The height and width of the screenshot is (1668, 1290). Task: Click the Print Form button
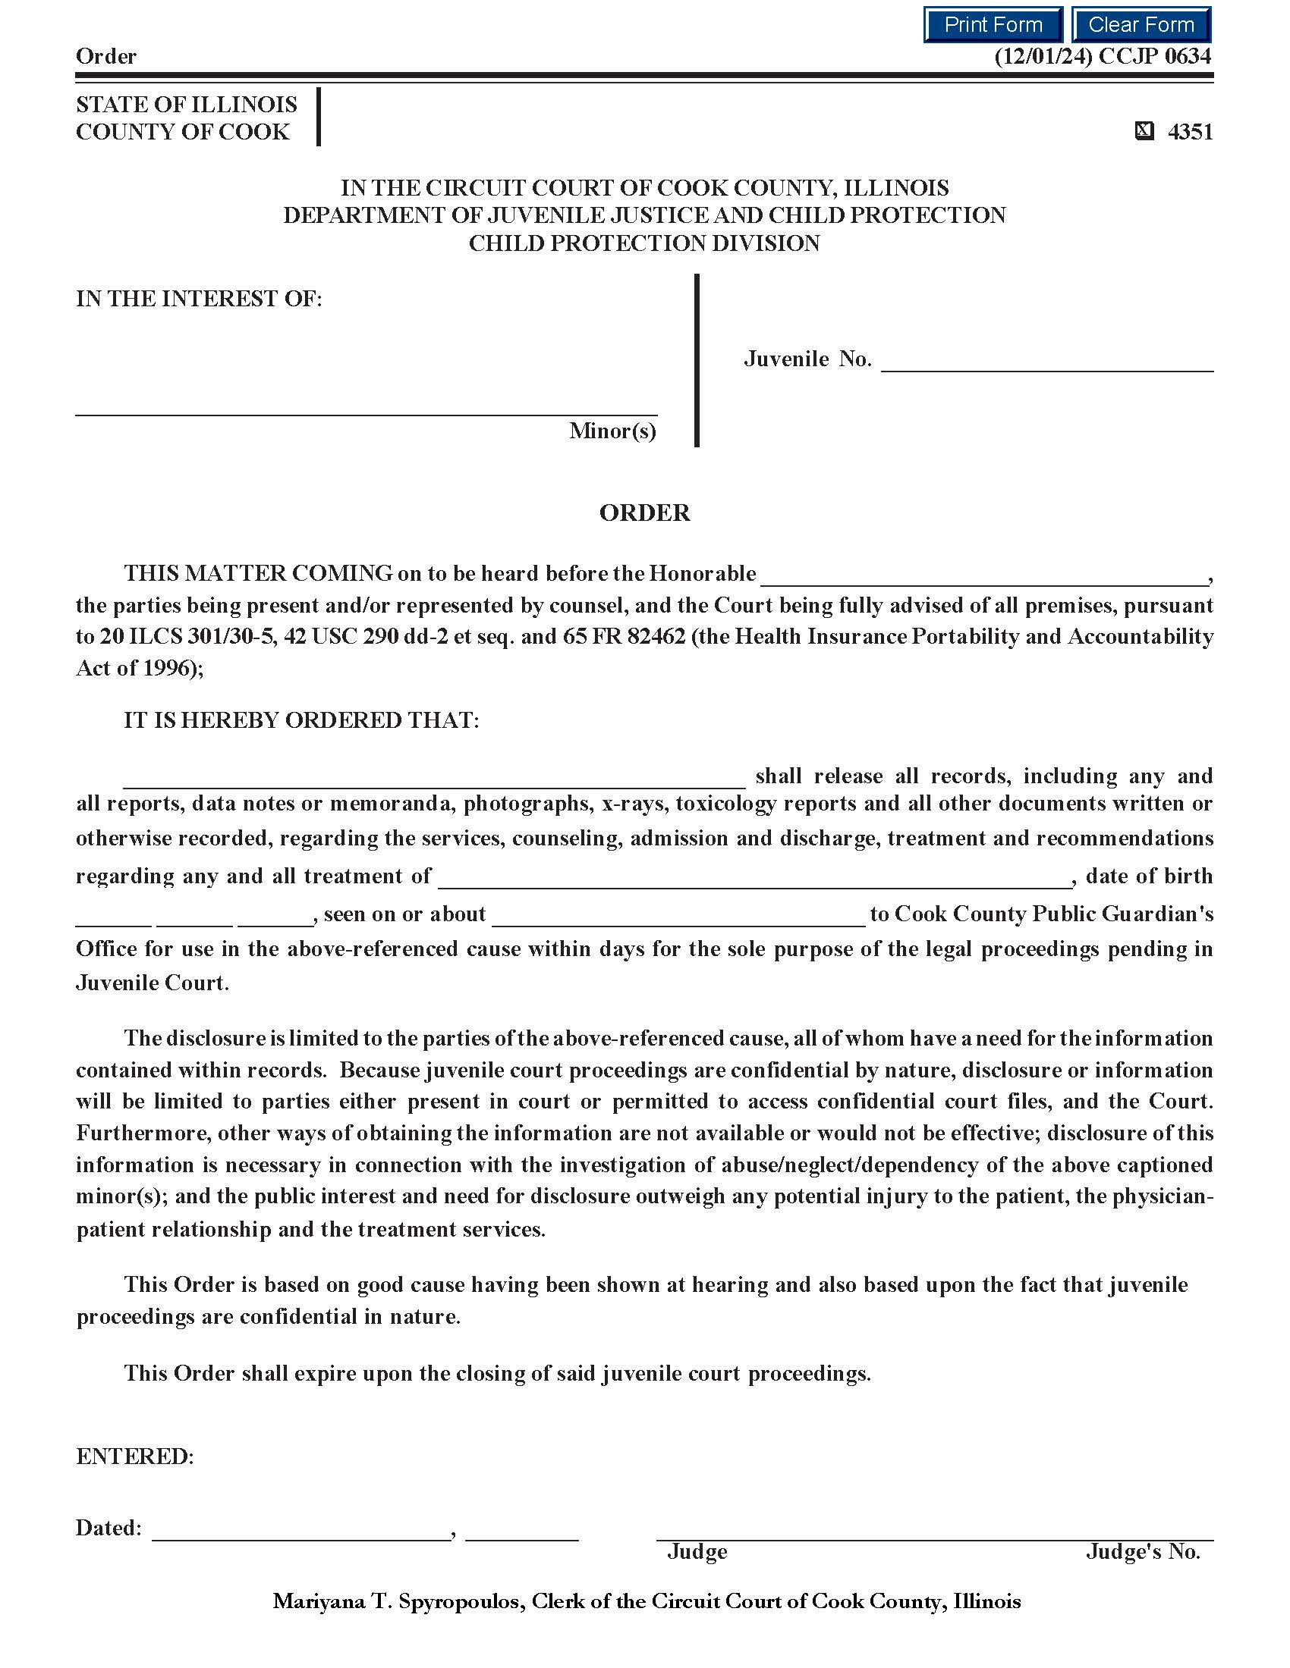pyautogui.click(x=992, y=24)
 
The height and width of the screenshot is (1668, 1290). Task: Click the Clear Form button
pyautogui.click(x=1141, y=24)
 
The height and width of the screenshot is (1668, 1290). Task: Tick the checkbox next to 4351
pyautogui.click(x=1144, y=132)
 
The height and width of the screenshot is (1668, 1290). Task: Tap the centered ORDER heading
pyautogui.click(x=644, y=513)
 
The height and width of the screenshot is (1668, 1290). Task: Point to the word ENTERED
pyautogui.click(x=134, y=1456)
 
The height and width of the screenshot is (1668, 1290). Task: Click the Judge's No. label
pyautogui.click(x=1143, y=1551)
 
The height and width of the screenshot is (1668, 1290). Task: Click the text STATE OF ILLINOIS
pyautogui.click(x=187, y=105)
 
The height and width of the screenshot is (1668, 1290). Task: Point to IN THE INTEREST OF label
pyautogui.click(x=199, y=299)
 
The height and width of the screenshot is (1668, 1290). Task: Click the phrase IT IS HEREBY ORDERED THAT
pyautogui.click(x=301, y=720)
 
